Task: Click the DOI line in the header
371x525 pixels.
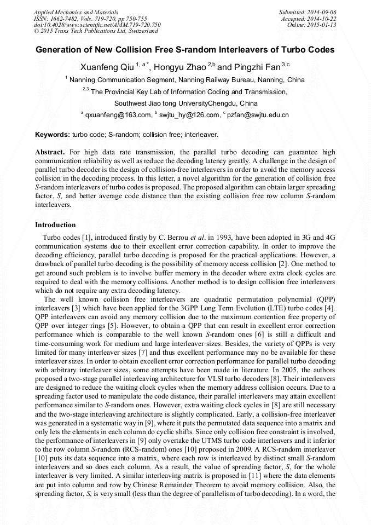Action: click(x=97, y=25)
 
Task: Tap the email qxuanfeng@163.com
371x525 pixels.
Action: click(x=118, y=114)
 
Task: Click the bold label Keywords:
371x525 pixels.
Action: click(x=53, y=134)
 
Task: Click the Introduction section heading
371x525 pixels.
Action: click(x=55, y=224)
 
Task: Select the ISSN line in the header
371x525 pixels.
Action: click(x=90, y=18)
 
